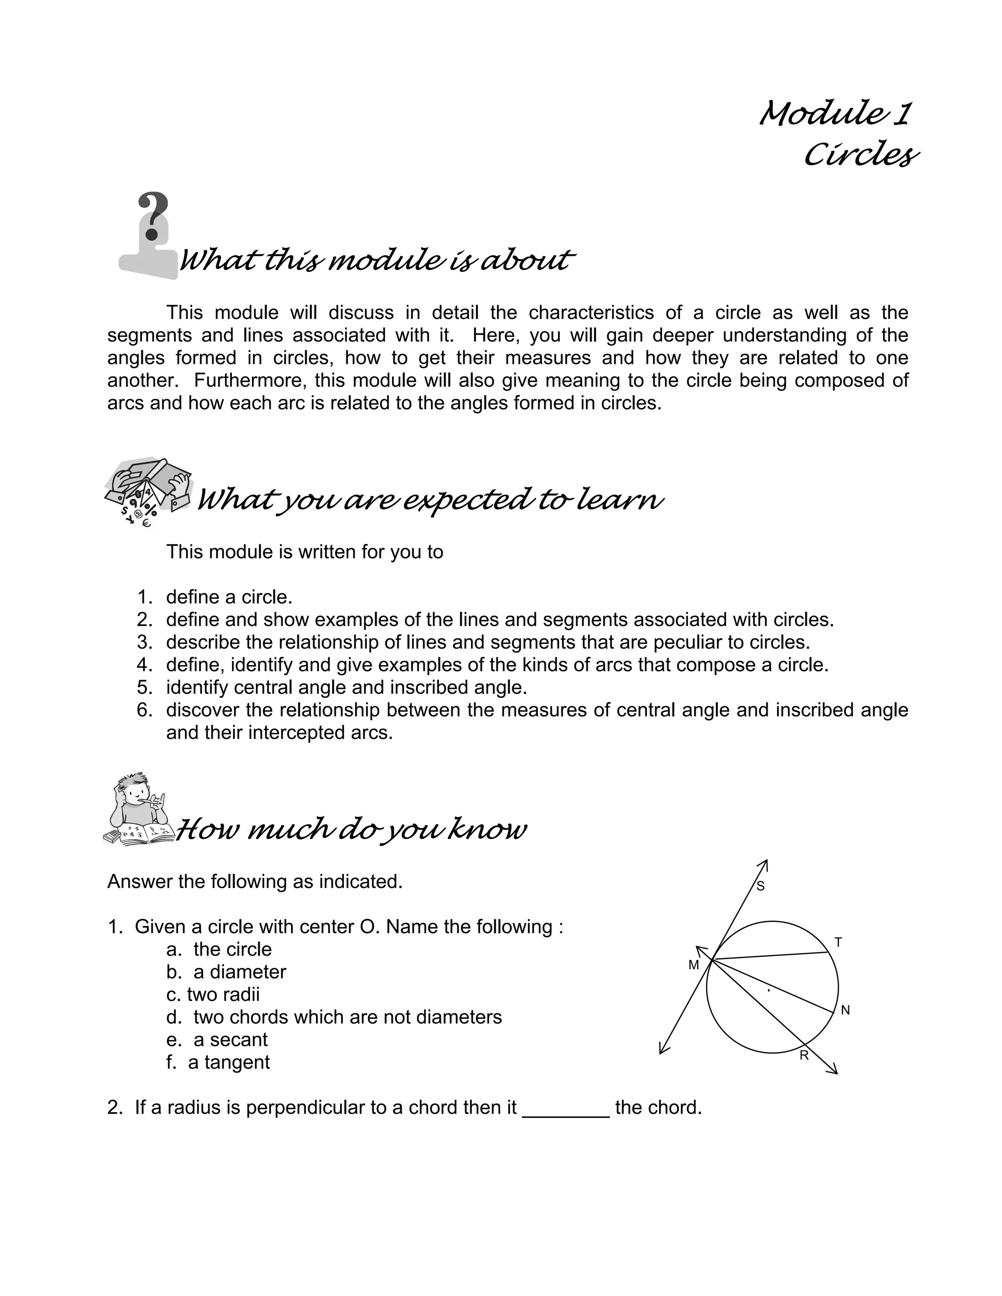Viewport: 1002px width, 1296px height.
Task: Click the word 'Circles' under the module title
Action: (x=860, y=155)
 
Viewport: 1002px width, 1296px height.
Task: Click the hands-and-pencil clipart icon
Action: (x=148, y=492)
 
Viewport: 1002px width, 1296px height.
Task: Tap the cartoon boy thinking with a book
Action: (x=138, y=809)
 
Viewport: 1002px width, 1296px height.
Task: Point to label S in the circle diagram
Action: (x=760, y=887)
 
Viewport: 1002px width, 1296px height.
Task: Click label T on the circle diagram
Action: (x=838, y=942)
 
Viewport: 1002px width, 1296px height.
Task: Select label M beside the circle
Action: (x=693, y=965)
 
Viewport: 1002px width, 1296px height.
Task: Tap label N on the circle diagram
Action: (x=845, y=1010)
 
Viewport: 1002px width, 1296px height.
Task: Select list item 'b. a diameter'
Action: (x=226, y=972)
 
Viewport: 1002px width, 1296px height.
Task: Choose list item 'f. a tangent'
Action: (x=218, y=1062)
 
